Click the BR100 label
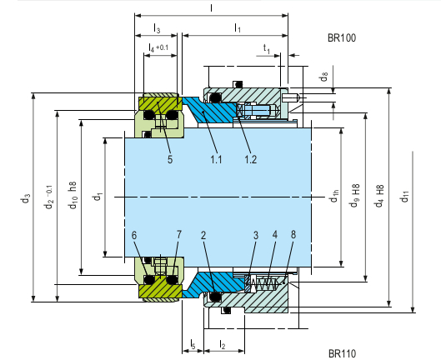pos(342,38)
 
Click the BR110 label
pos(342,353)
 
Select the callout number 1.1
pos(217,158)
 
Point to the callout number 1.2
pos(251,158)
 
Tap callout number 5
pos(169,158)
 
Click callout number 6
pos(134,235)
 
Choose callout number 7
pos(178,235)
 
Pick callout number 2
pos(203,235)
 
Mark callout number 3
pos(255,235)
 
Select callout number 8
pos(293,235)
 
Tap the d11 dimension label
pos(405,197)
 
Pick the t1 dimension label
pos(266,49)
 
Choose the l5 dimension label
pos(193,343)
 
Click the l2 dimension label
pos(222,343)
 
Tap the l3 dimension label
pos(156,29)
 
